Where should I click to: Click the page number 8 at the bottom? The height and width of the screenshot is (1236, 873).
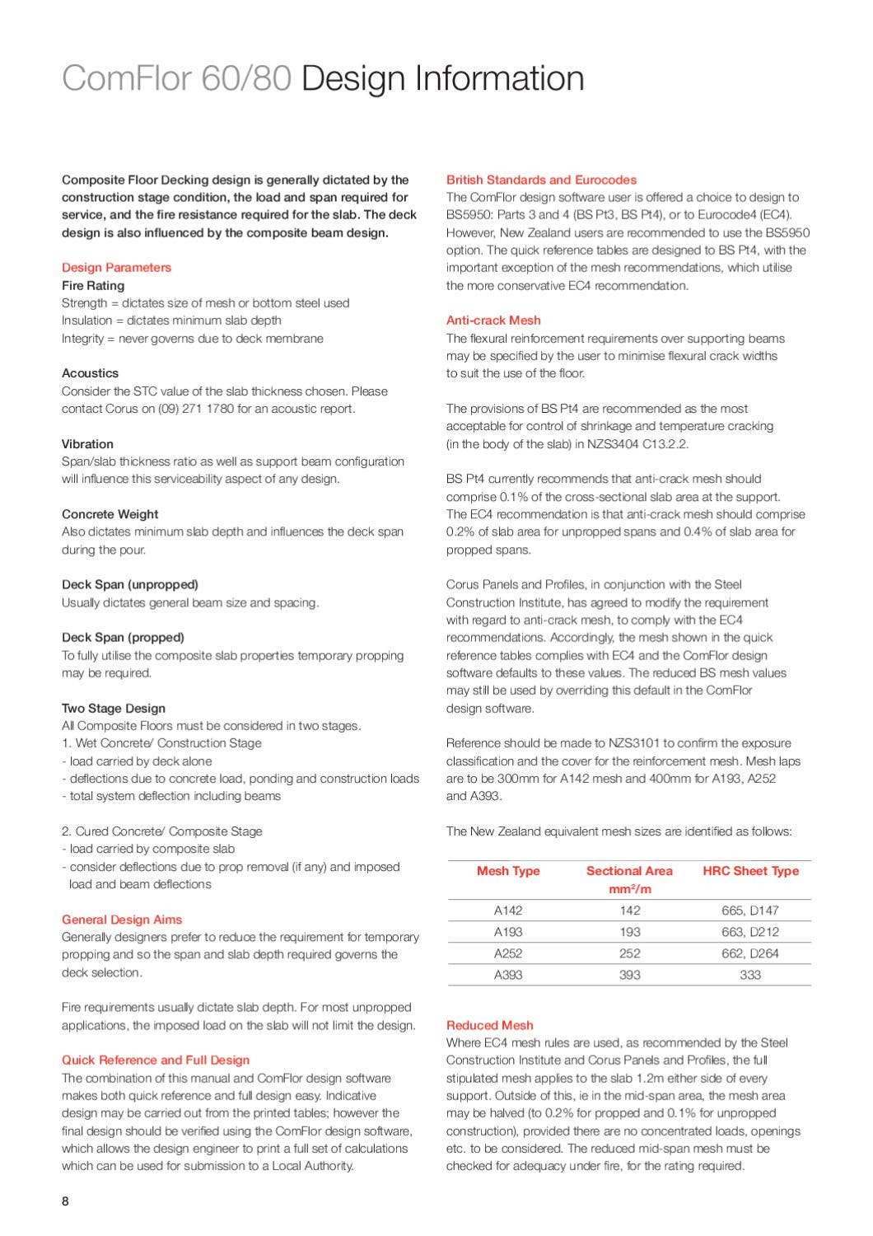tap(65, 1201)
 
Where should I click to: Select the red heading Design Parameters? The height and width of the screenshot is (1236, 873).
tap(116, 267)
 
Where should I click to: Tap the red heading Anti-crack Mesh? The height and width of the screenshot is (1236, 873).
tap(493, 321)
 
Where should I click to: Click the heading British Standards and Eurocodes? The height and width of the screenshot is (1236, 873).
tap(541, 180)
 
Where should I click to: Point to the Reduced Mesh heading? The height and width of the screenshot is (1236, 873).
tap(489, 1025)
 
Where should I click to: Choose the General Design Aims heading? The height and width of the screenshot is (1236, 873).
tap(122, 920)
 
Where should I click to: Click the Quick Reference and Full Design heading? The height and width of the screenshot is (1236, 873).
tap(156, 1060)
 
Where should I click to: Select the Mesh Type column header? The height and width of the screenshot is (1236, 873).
tap(508, 871)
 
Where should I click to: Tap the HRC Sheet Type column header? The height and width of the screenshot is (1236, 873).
tap(750, 871)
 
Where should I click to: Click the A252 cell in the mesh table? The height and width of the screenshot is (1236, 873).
tap(508, 953)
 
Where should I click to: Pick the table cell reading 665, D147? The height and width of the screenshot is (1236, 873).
tap(750, 911)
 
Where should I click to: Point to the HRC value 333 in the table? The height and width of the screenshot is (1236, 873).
tap(750, 975)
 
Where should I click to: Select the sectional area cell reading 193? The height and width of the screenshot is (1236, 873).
tap(629, 932)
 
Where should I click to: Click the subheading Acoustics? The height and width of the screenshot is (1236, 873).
tap(90, 373)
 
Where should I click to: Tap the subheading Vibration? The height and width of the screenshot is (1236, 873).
tap(87, 444)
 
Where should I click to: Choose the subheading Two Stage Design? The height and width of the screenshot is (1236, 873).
tap(114, 709)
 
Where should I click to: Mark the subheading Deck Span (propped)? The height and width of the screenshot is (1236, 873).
tap(123, 638)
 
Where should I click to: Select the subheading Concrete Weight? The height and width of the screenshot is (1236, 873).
tap(110, 514)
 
